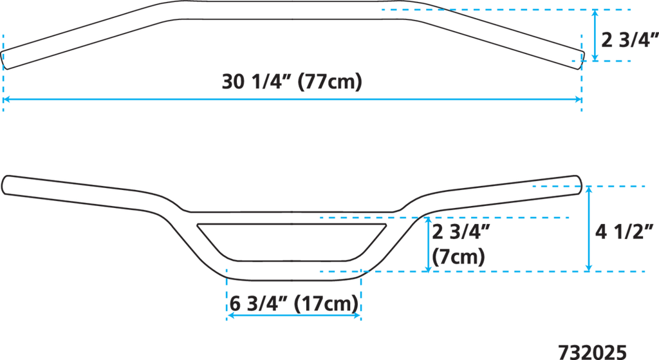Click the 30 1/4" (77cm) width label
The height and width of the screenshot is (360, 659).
[292, 81]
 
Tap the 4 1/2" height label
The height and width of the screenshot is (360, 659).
[624, 231]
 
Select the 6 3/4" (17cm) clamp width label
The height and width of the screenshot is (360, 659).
[294, 303]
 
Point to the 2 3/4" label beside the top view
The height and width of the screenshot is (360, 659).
[630, 40]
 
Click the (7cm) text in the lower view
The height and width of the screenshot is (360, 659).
[458, 256]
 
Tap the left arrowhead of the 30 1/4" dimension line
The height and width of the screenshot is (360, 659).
[6, 100]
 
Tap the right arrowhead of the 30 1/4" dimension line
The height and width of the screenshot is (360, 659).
[579, 100]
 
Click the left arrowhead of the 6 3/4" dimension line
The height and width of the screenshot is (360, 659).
[230, 315]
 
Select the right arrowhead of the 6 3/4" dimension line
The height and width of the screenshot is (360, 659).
[357, 315]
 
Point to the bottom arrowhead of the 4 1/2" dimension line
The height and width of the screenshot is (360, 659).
[589, 267]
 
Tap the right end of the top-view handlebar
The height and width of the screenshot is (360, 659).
[582, 57]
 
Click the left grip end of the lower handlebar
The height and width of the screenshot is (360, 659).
[5, 185]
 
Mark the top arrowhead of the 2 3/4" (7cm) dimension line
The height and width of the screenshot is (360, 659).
[428, 221]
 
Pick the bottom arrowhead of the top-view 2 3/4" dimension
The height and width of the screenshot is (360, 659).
[595, 57]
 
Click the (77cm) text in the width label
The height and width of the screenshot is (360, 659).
[330, 81]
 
